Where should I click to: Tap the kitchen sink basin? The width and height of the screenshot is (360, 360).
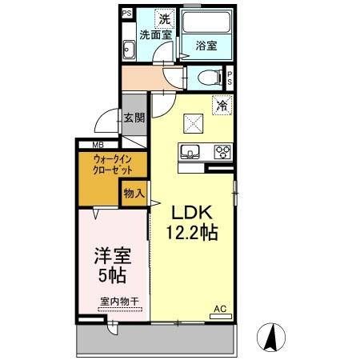pyautogui.click(x=193, y=150)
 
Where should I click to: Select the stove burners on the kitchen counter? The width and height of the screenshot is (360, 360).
pyautogui.click(x=221, y=151)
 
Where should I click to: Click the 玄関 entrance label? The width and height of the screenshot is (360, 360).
pyautogui.click(x=134, y=118)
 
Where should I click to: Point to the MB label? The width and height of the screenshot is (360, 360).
pyautogui.click(x=98, y=145)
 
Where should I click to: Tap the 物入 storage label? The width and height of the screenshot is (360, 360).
pyautogui.click(x=134, y=193)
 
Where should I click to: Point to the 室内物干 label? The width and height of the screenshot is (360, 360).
pyautogui.click(x=119, y=301)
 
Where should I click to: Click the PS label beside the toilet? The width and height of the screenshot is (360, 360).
pyautogui.click(x=230, y=78)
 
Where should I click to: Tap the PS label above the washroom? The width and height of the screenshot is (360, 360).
pyautogui.click(x=126, y=14)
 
